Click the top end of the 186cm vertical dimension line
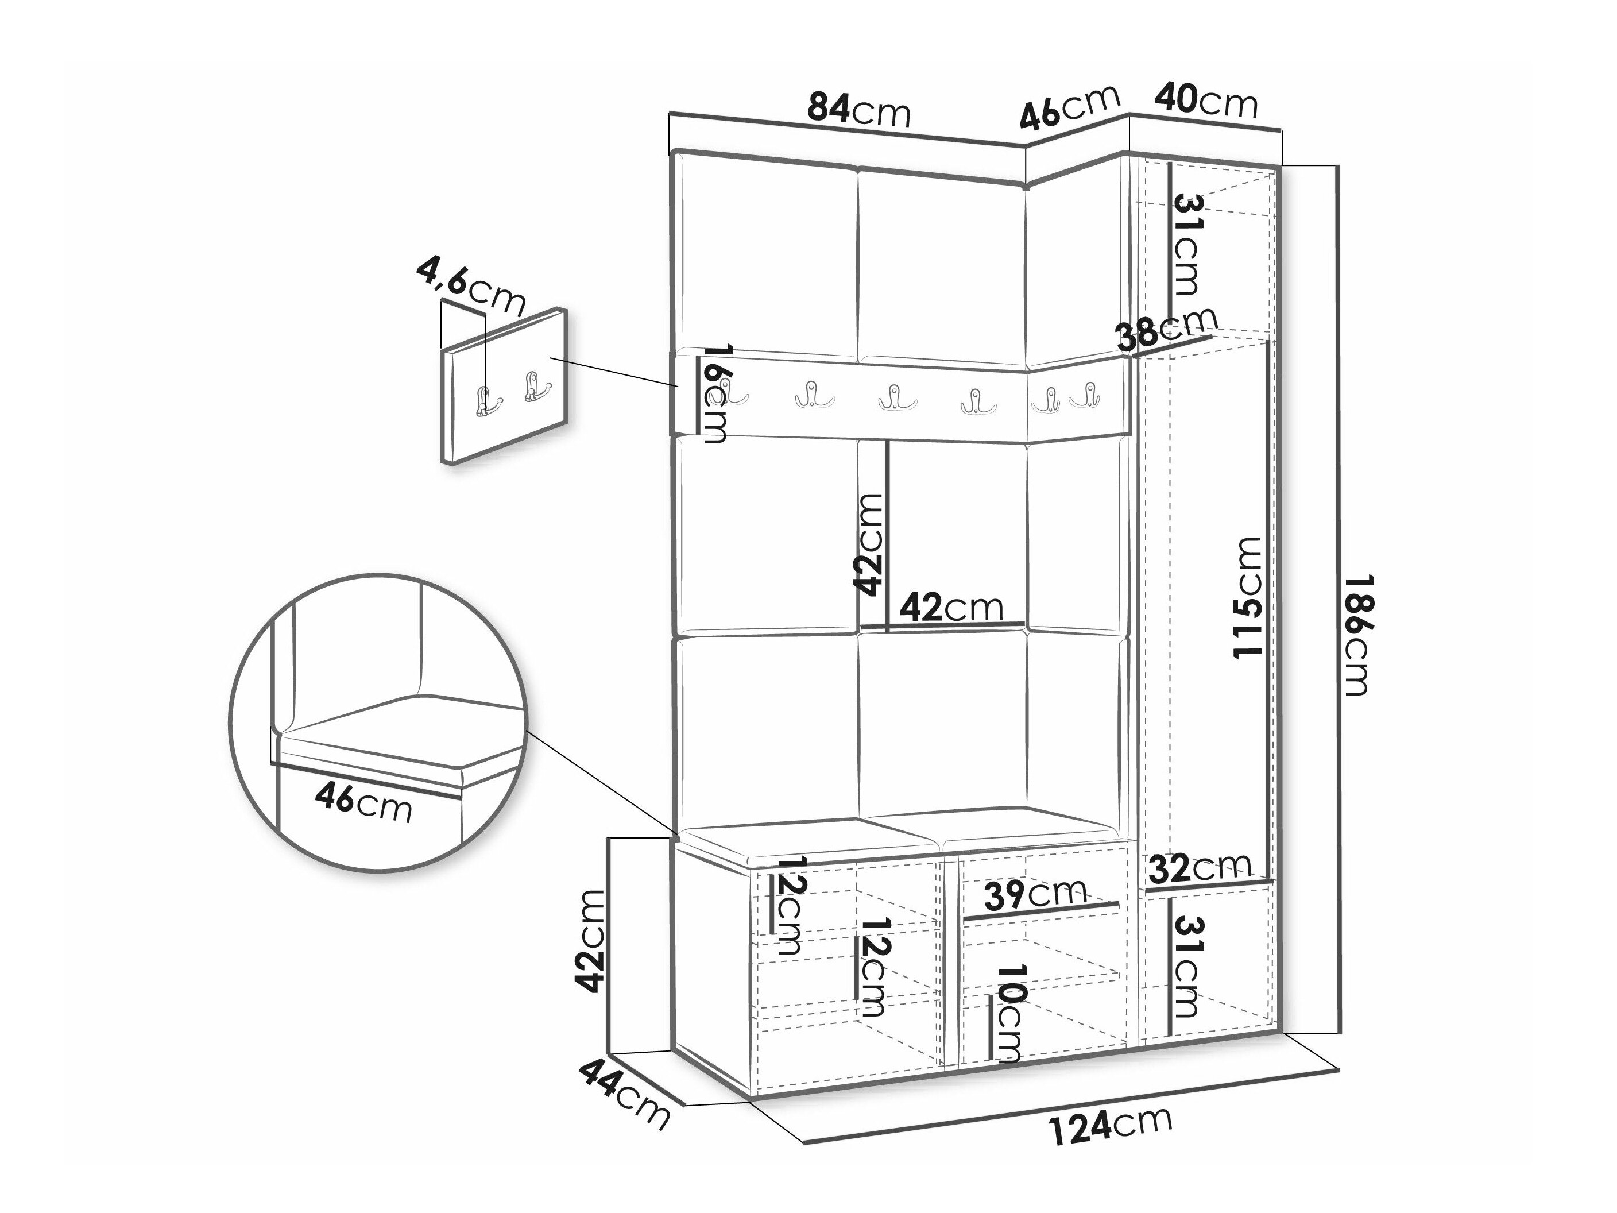click(x=1338, y=167)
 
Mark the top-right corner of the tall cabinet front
click(x=1277, y=168)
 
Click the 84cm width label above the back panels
click(x=859, y=110)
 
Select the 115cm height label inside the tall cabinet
click(x=1247, y=597)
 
